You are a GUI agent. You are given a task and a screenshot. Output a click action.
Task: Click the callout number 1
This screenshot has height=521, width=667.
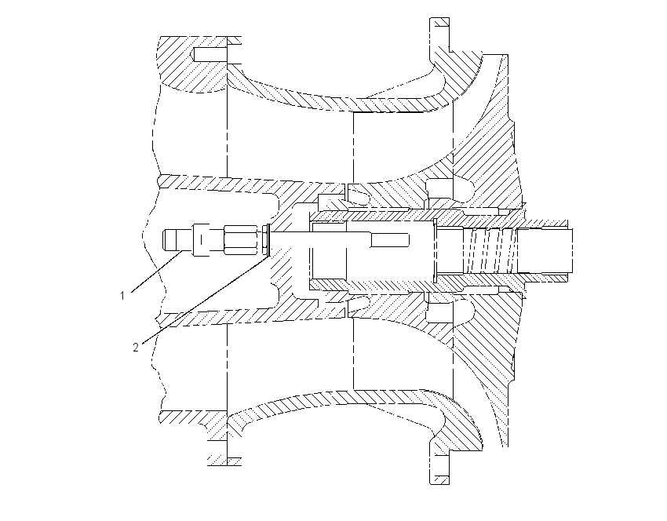click(x=122, y=296)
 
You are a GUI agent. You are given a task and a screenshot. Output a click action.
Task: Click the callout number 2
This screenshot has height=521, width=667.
click(x=136, y=348)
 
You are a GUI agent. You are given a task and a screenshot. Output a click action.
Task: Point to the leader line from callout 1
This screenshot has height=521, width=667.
click(x=158, y=271)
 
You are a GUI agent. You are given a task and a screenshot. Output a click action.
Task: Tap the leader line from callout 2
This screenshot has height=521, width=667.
click(x=205, y=299)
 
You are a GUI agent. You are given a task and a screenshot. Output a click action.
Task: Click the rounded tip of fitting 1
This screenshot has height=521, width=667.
click(x=169, y=241)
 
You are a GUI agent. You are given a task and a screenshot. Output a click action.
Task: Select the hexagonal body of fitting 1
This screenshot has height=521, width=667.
click(x=241, y=241)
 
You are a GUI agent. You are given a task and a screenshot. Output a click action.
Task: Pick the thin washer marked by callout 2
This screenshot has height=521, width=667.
click(x=268, y=241)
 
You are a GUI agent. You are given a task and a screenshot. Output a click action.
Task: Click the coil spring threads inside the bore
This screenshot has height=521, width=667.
click(x=490, y=251)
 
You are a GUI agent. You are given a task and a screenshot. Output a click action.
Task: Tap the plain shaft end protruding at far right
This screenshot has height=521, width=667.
click(x=545, y=250)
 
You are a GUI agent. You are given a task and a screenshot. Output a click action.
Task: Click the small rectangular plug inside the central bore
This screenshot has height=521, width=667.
click(x=390, y=240)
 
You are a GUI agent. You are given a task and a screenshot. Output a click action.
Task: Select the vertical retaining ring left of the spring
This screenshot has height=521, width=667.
click(x=435, y=250)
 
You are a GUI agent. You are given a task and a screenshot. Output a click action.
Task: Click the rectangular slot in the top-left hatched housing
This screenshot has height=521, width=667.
click(x=210, y=54)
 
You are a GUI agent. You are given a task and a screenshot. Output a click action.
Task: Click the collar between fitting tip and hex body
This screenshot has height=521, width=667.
click(x=201, y=241)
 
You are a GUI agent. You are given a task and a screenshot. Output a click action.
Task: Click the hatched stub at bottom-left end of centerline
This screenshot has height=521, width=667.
click(x=224, y=461)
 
